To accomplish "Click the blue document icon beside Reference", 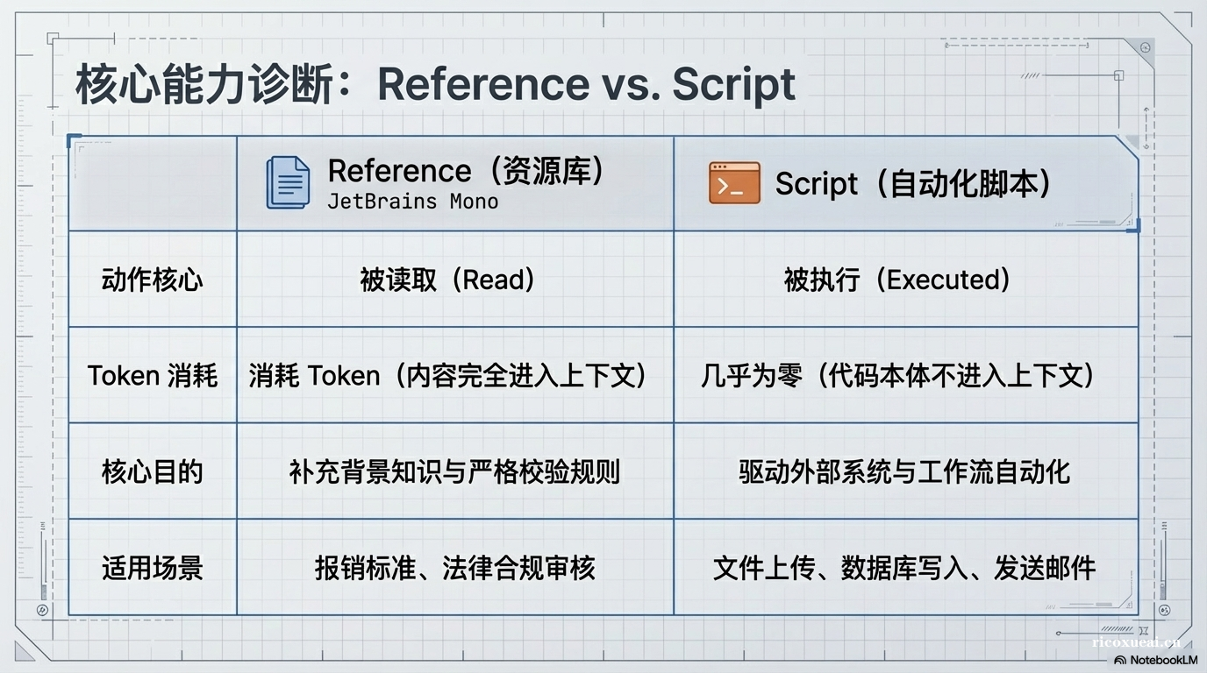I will click(x=288, y=182).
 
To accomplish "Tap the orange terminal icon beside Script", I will click(x=734, y=183).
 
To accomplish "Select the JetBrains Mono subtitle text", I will click(x=412, y=202).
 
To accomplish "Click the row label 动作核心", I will click(x=153, y=280).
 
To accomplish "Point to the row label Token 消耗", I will click(x=153, y=376).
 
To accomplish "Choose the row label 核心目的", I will click(x=153, y=471).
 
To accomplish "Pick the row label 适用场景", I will click(x=153, y=568).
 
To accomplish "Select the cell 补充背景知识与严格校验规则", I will click(x=454, y=471).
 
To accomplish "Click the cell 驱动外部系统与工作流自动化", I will click(x=904, y=471).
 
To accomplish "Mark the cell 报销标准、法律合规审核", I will click(x=454, y=568).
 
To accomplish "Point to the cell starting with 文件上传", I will click(x=904, y=568).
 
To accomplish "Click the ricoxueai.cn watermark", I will click(x=1137, y=642).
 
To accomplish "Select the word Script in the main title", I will click(x=734, y=84).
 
